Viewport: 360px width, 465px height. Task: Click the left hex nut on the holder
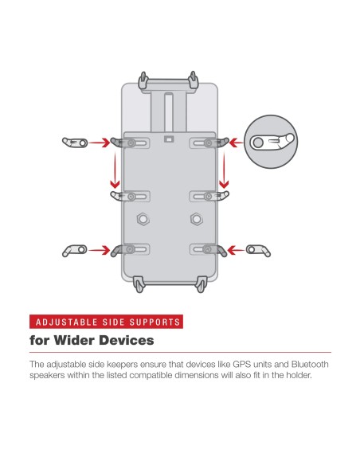pyautogui.click(x=143, y=219)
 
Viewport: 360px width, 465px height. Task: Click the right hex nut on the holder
pyautogui.click(x=197, y=219)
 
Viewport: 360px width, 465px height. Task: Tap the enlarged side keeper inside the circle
pyautogui.click(x=272, y=142)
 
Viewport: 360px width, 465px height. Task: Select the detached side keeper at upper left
pyautogui.click(x=75, y=143)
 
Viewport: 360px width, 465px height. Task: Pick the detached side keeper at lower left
pyautogui.click(x=74, y=250)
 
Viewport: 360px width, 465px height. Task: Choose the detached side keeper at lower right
pyautogui.click(x=258, y=250)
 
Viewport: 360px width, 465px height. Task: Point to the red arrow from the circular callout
pyautogui.click(x=237, y=143)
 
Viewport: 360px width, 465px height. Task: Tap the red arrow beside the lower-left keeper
pyautogui.click(x=100, y=250)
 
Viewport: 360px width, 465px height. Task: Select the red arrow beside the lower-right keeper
pyautogui.click(x=236, y=250)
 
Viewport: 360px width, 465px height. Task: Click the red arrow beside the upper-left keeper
pyautogui.click(x=100, y=143)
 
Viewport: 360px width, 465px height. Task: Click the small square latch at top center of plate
pyautogui.click(x=169, y=139)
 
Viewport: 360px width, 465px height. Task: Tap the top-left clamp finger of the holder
pyautogui.click(x=143, y=80)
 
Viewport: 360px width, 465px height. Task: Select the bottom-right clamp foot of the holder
pyautogui.click(x=202, y=284)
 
